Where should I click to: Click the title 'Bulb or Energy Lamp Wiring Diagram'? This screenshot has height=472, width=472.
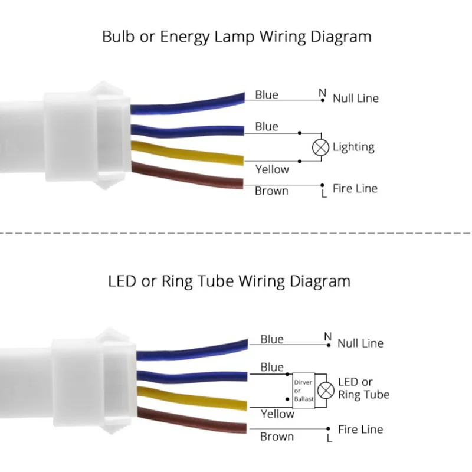point(237,37)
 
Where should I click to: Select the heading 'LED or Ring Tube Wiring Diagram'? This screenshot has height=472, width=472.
point(230,281)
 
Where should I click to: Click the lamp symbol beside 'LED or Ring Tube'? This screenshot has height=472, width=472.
point(326,389)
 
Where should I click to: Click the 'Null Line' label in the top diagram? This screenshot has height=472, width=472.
point(355,99)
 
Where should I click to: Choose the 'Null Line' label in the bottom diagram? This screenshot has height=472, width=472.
point(360,343)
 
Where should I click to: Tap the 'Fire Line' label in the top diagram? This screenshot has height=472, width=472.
point(355,189)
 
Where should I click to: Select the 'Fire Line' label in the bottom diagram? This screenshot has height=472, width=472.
point(360,430)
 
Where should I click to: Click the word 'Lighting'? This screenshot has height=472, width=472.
point(353,147)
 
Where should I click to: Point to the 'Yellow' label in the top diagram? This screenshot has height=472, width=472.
point(272,169)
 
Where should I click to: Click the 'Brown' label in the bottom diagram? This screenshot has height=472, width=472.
point(277,437)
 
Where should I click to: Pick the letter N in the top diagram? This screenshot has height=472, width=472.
point(322,93)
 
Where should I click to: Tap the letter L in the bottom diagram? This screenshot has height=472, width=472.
point(329,438)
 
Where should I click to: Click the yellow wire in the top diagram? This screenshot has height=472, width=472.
point(189,154)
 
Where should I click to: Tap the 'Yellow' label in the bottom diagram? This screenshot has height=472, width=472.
point(277,414)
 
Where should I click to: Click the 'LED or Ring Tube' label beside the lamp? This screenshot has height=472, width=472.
point(363,388)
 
